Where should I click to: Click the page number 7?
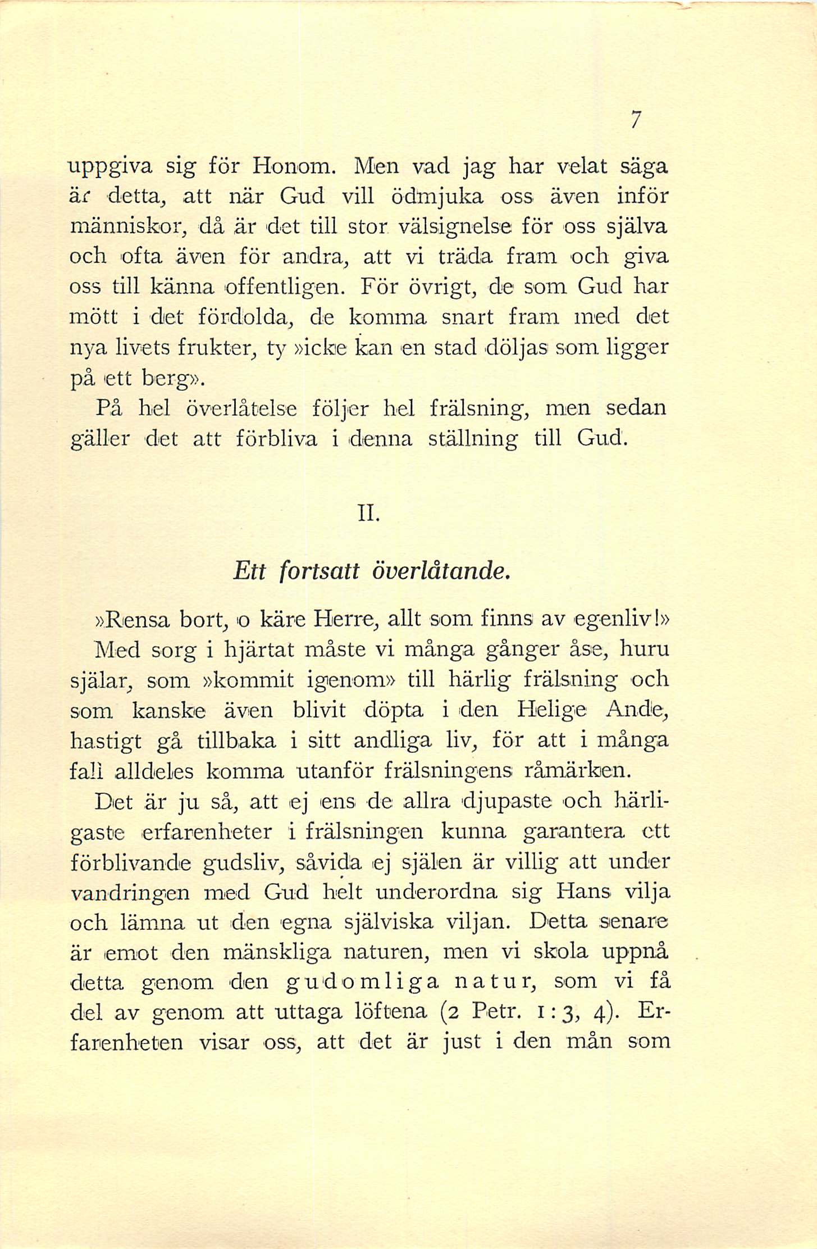635,120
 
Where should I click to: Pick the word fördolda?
243,318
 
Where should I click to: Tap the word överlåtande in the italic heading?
442,571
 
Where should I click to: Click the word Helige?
552,710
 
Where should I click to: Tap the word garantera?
573,832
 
